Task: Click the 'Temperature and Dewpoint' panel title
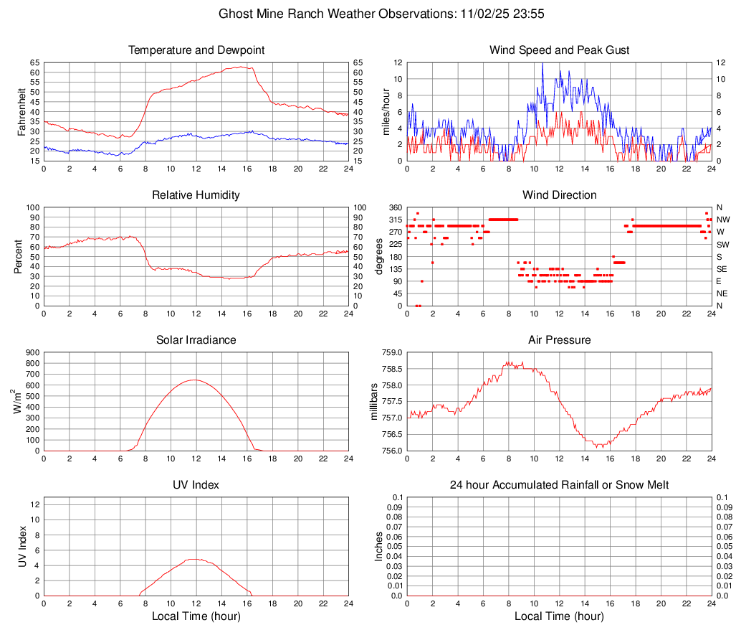click(196, 50)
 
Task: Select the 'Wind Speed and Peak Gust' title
click(560, 50)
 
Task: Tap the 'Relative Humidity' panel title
click(196, 195)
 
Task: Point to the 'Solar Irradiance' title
click(196, 339)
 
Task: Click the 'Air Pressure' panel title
click(560, 339)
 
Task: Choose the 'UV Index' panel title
click(196, 484)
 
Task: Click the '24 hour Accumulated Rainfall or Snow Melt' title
click(560, 484)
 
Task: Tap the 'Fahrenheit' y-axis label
click(21, 111)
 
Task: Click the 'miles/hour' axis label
click(386, 111)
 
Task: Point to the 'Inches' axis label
click(380, 546)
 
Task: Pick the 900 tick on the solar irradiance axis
click(31, 353)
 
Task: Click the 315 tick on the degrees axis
click(393, 220)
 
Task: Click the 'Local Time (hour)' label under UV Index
click(196, 616)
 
